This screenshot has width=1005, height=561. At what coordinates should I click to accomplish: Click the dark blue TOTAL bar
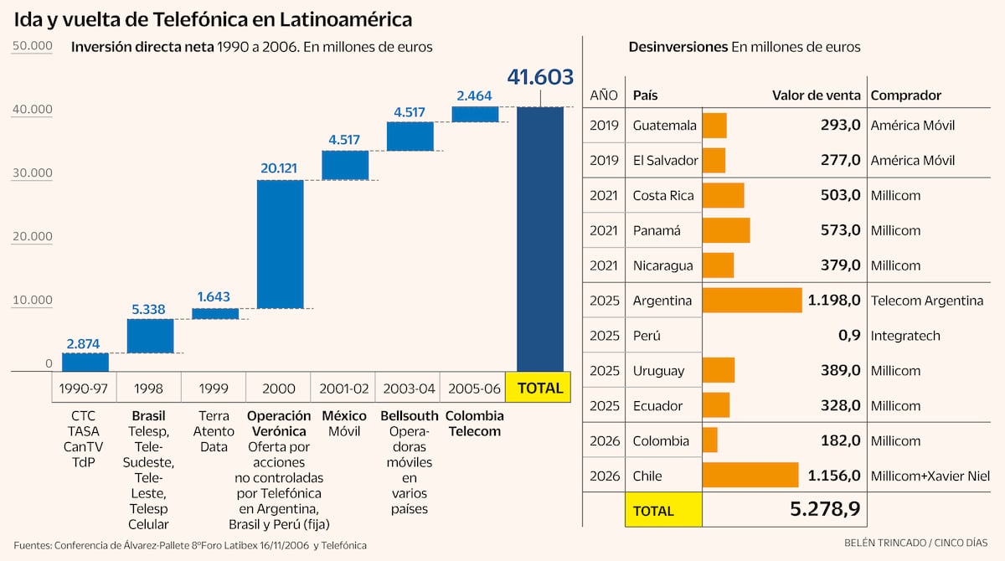(x=540, y=239)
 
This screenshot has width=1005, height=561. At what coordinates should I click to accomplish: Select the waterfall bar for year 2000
(x=280, y=244)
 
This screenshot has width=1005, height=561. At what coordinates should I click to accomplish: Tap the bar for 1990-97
(x=85, y=362)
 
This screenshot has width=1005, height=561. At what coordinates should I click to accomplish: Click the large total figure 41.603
(x=540, y=77)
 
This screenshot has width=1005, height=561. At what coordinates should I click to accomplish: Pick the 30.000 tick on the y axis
(x=33, y=173)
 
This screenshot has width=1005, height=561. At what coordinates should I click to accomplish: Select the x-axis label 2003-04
(x=409, y=389)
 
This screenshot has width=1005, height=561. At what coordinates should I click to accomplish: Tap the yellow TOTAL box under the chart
(x=540, y=389)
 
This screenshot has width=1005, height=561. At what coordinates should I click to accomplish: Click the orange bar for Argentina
(x=752, y=301)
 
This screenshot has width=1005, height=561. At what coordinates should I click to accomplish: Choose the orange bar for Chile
(x=750, y=476)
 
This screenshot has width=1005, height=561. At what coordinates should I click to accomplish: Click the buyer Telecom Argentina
(x=926, y=301)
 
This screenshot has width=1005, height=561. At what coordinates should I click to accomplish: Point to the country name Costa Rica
(x=663, y=195)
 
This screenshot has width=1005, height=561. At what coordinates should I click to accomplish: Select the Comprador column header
(x=906, y=95)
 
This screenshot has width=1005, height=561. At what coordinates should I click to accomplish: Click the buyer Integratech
(x=905, y=336)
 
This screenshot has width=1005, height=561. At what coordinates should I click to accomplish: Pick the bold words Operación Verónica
(x=279, y=424)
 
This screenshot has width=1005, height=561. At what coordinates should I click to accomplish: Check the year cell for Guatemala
(x=604, y=126)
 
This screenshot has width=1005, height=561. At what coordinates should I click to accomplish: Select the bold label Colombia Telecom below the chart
(x=474, y=424)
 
